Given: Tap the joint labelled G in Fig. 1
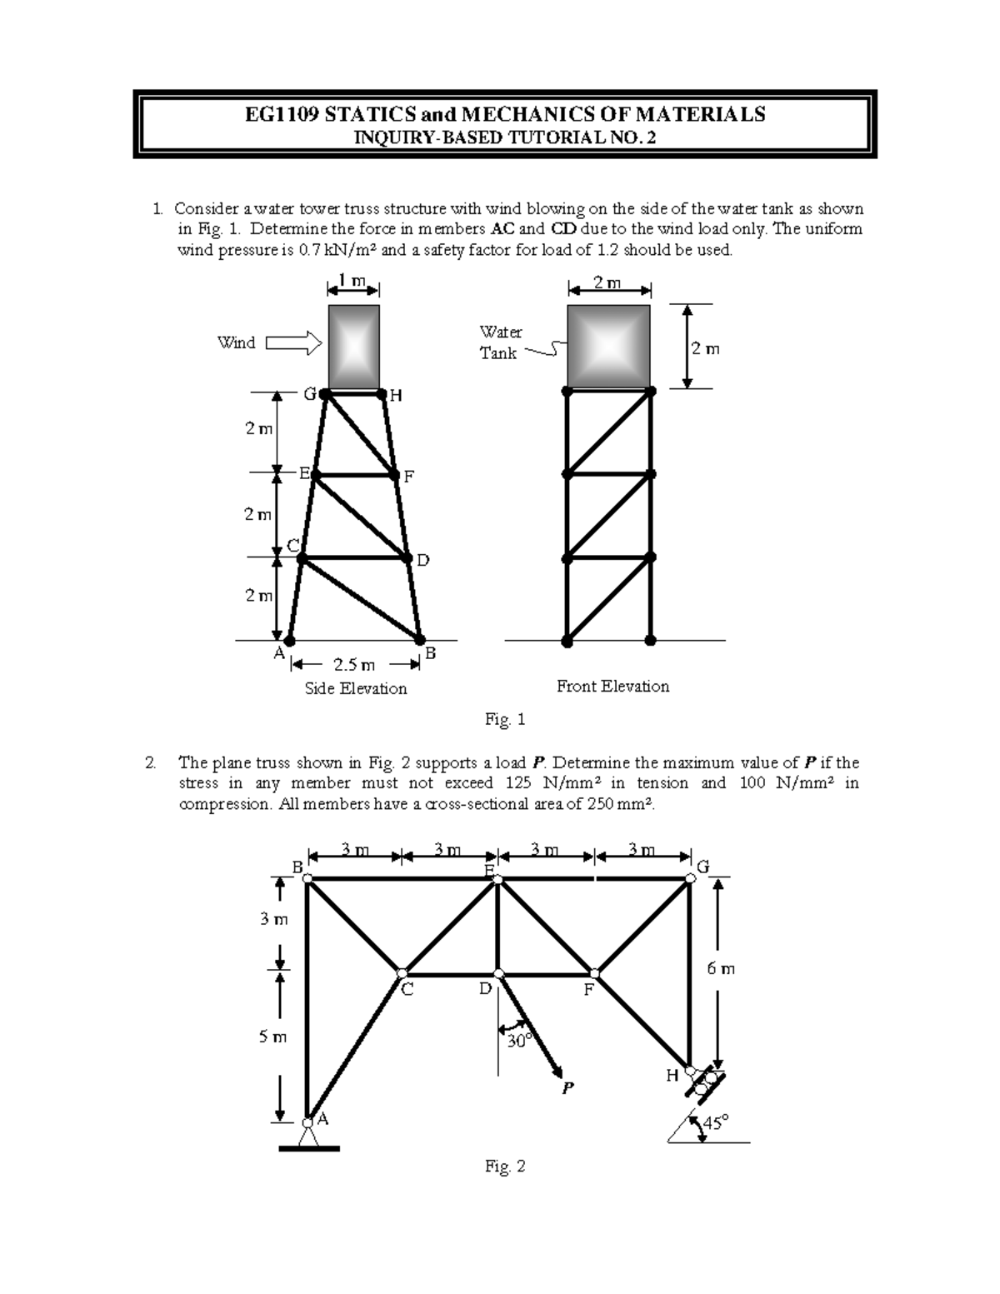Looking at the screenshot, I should pyautogui.click(x=325, y=392).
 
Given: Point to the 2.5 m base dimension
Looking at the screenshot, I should pyautogui.click(x=354, y=665).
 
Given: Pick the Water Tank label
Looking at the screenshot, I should pyautogui.click(x=500, y=342).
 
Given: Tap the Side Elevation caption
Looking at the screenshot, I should pyautogui.click(x=356, y=688).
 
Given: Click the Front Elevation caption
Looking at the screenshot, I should pyautogui.click(x=612, y=687).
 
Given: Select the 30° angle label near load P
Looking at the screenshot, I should pyautogui.click(x=519, y=1041).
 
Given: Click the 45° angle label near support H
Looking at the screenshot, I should pyautogui.click(x=715, y=1122).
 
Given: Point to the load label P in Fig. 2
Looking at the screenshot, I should pyautogui.click(x=567, y=1087).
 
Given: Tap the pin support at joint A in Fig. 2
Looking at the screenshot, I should pyautogui.click(x=308, y=1133).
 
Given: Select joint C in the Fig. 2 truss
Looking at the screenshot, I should pyautogui.click(x=402, y=973).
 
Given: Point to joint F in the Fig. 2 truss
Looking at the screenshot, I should pyautogui.click(x=595, y=973).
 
